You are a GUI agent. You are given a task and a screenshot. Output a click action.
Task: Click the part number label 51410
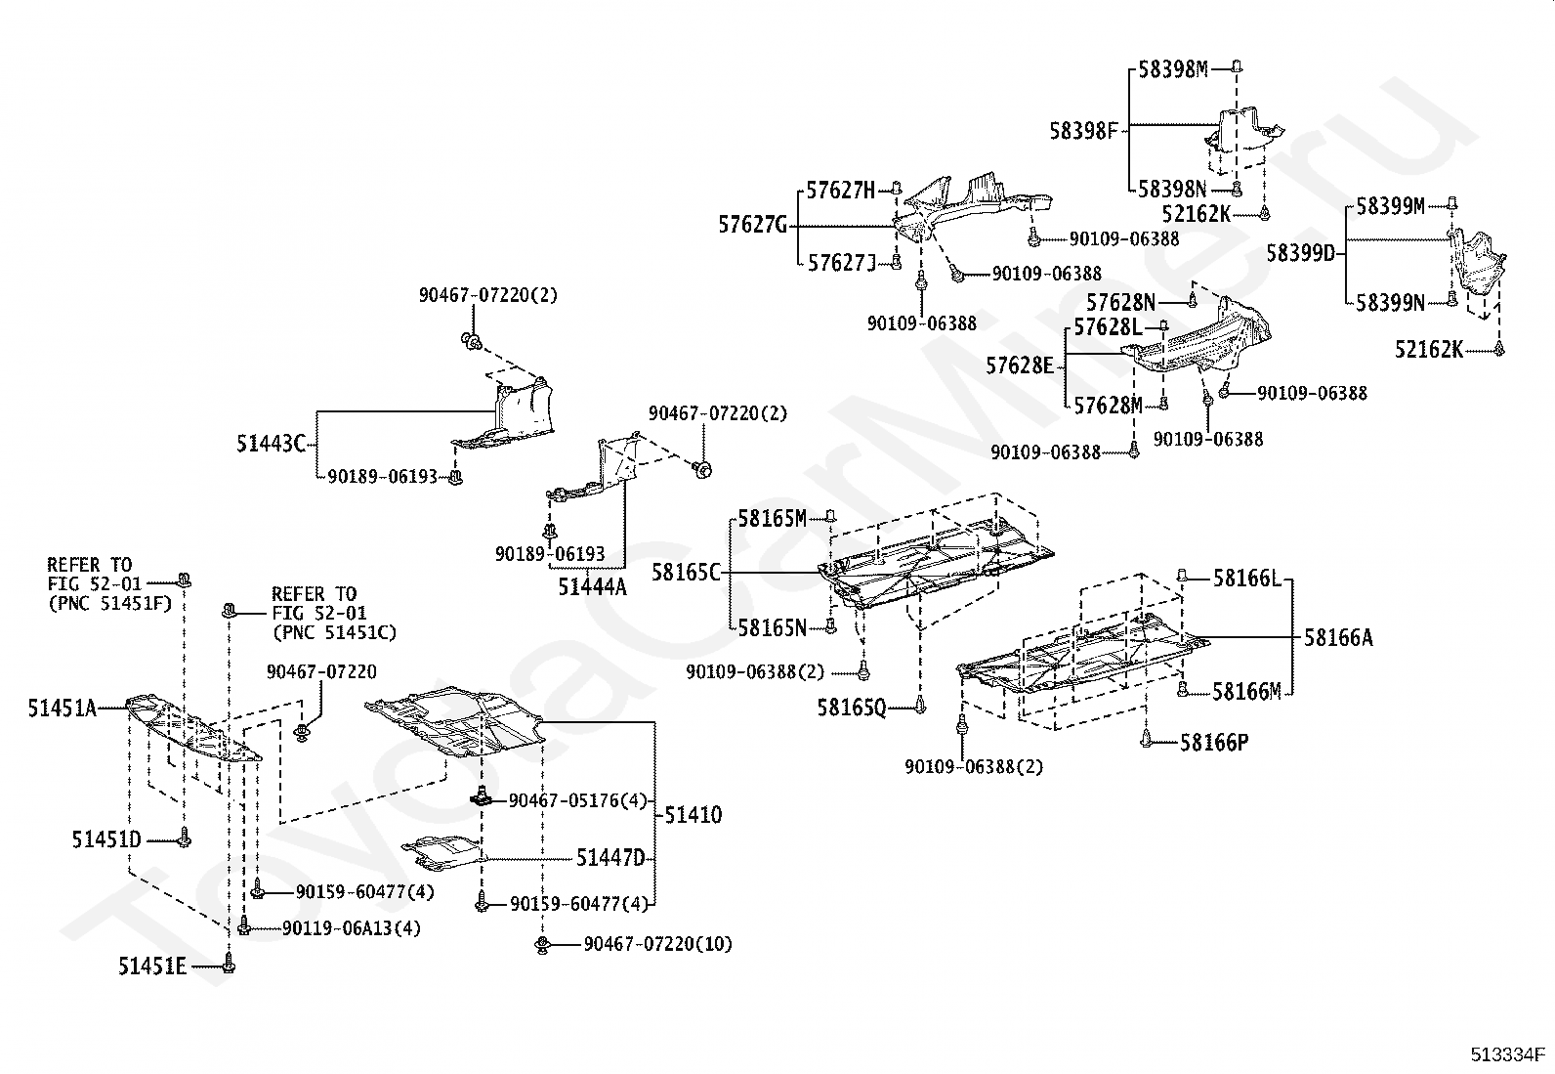click(693, 814)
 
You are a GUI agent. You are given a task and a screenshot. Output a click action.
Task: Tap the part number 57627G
click(752, 225)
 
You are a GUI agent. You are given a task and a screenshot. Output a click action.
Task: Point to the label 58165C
click(686, 573)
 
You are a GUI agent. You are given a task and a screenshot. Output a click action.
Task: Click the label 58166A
click(1338, 637)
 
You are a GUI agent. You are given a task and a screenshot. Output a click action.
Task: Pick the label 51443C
click(271, 444)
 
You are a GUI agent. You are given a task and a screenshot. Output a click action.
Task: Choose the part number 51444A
click(592, 587)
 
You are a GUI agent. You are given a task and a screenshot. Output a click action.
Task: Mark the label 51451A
click(62, 708)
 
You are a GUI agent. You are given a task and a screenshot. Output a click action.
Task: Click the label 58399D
click(1301, 253)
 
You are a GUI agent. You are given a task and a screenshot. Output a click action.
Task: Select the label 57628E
click(1020, 365)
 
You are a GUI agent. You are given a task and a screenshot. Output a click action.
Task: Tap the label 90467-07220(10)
click(657, 943)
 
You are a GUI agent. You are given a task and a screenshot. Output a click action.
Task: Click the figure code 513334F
click(1507, 1053)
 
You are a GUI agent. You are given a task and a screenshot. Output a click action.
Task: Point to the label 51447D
click(610, 858)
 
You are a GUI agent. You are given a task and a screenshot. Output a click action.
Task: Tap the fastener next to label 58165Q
click(920, 705)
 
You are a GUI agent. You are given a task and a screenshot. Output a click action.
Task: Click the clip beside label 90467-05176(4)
click(482, 796)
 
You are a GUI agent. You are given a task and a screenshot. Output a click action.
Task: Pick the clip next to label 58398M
click(1237, 66)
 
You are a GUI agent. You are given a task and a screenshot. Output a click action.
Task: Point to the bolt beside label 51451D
click(184, 838)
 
